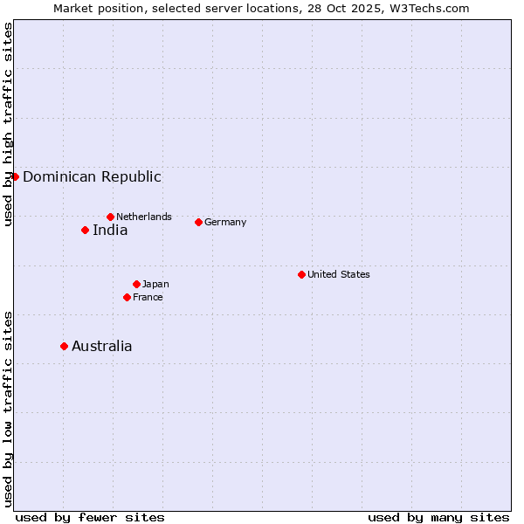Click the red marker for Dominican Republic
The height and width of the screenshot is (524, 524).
click(x=15, y=176)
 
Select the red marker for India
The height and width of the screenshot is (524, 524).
click(x=85, y=231)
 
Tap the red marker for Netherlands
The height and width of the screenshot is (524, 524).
click(x=110, y=217)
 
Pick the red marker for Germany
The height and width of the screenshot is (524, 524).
click(x=198, y=222)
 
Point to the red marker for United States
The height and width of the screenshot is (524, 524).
click(x=301, y=274)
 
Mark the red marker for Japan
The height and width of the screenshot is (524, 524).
click(x=136, y=284)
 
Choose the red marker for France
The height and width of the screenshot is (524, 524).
click(x=127, y=297)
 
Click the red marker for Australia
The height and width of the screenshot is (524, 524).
click(x=64, y=346)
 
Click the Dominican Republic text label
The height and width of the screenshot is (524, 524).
click(x=92, y=176)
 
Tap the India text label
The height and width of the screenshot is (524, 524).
click(x=110, y=231)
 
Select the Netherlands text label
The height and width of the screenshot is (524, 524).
click(x=144, y=217)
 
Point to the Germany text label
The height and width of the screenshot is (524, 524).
click(x=225, y=222)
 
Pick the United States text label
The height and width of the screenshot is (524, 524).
click(x=339, y=274)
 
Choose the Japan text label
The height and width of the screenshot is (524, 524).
click(x=155, y=284)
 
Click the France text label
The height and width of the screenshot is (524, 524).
click(x=148, y=297)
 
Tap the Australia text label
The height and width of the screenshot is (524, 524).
click(x=102, y=346)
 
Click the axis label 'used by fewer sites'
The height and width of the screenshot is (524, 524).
click(x=90, y=517)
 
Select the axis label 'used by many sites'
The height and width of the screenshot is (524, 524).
click(x=438, y=517)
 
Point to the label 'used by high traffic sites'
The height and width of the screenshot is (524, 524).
click(x=8, y=124)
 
